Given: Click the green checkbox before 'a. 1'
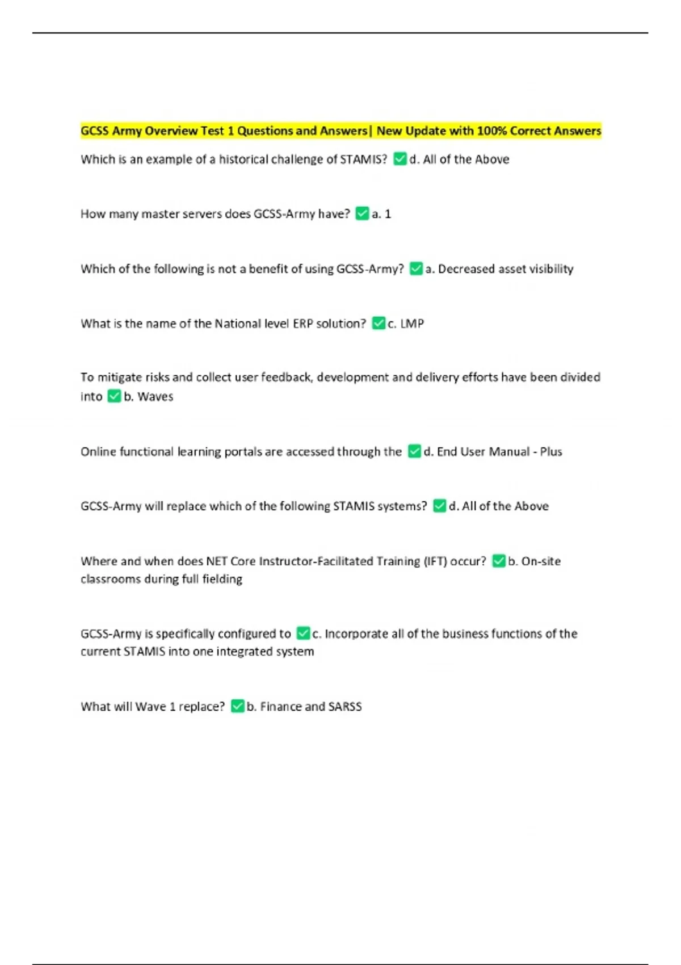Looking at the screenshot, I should click(x=362, y=213).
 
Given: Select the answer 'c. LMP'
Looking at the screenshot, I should click(x=405, y=324).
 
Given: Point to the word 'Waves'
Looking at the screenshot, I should click(x=155, y=397).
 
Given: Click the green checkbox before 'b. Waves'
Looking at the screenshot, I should click(x=114, y=396).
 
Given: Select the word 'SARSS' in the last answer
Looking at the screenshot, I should click(x=344, y=707).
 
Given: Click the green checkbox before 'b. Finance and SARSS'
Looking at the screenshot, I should click(x=237, y=706).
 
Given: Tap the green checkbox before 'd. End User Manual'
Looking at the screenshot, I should click(x=414, y=451).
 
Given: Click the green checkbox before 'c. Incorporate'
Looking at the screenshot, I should click(x=303, y=633).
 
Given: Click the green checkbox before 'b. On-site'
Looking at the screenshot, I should click(x=498, y=561).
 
